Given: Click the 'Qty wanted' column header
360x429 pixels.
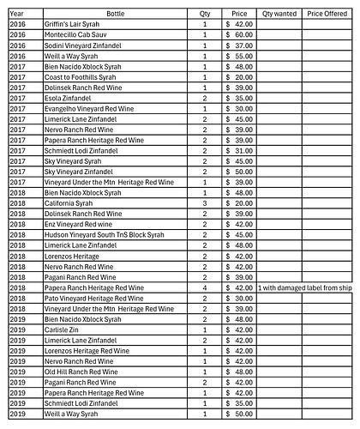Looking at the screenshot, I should pos(279,15).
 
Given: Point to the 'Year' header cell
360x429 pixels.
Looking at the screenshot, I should pos(16,15).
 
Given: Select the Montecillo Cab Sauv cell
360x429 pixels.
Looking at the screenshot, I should pos(77,34).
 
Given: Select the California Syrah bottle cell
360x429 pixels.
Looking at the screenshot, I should pos(69,202).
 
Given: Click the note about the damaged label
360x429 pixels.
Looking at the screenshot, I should pos(304,287).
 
